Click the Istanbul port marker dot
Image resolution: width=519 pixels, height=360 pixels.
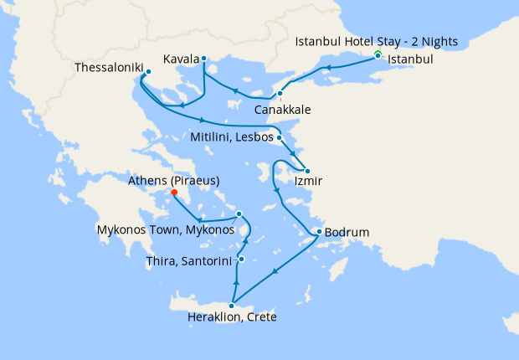coord(378,56)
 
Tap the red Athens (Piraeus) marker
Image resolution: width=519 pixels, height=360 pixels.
coord(174,193)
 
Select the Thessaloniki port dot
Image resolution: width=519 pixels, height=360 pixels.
coord(148,72)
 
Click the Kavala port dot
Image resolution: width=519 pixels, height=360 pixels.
coord(203,59)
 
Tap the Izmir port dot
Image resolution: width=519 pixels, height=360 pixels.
coord(307,171)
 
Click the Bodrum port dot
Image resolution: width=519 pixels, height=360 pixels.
coord(319,232)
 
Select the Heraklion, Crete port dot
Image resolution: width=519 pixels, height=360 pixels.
coord(232,306)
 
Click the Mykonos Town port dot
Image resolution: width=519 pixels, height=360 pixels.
coord(239,213)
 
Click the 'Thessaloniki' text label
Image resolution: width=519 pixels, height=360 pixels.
coord(108,67)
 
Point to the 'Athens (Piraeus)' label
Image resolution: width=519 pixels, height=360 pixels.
coord(174,180)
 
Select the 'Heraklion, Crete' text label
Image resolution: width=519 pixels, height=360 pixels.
coord(232,317)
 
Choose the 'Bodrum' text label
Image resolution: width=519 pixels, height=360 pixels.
coord(347,232)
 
